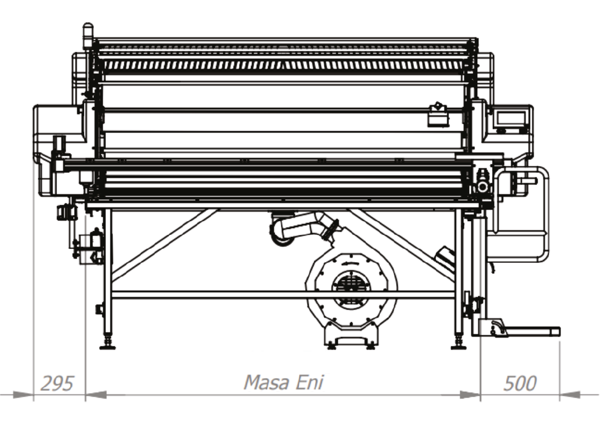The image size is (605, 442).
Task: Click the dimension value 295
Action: click(57, 383)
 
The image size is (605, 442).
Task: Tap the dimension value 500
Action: click(520, 383)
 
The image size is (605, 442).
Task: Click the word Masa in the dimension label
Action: click(267, 382)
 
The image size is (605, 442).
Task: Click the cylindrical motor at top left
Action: click(88, 36)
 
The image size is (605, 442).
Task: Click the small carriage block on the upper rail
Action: click(438, 115)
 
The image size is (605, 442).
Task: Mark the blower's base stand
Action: click(351, 336)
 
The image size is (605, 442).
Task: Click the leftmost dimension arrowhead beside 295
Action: click(23, 395)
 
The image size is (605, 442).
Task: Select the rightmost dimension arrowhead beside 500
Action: click(570, 395)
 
